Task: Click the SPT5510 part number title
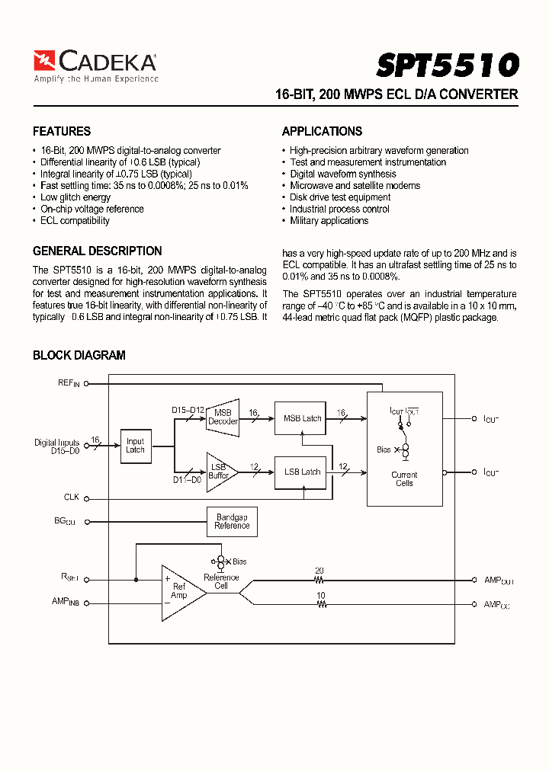(x=447, y=66)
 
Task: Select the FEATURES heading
(x=62, y=131)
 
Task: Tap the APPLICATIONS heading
(x=322, y=131)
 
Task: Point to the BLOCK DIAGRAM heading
(x=79, y=355)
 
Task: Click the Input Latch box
(x=135, y=446)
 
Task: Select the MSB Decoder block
(x=223, y=417)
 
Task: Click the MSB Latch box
(x=302, y=418)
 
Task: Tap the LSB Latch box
(x=302, y=472)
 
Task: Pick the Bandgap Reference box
(x=232, y=522)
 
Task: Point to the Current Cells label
(x=404, y=479)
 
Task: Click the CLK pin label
(x=72, y=497)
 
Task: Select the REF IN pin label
(x=69, y=383)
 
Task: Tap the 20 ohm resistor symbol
(x=320, y=580)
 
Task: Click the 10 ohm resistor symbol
(x=320, y=604)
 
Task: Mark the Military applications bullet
(x=329, y=221)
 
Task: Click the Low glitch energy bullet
(x=75, y=197)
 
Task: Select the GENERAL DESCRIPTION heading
(x=97, y=251)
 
